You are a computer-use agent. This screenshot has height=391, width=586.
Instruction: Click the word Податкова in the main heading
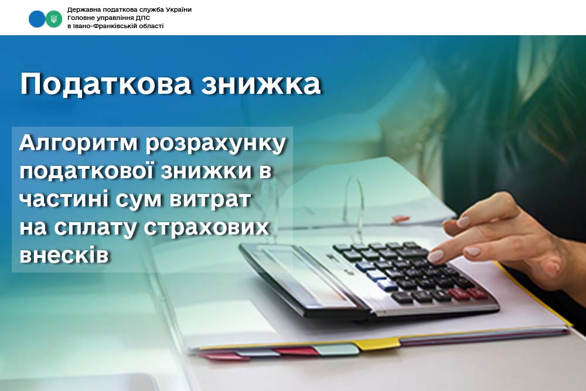(105, 84)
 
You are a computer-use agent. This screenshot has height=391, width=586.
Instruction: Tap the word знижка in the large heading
(261, 84)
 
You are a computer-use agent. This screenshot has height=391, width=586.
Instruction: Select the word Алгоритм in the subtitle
(79, 144)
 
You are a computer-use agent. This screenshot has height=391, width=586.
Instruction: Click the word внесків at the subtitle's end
(64, 256)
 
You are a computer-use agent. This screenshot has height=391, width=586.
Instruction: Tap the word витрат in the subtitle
(210, 200)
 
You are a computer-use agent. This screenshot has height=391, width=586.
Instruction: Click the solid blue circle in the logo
(36, 19)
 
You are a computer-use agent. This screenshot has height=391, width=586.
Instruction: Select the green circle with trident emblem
(54, 19)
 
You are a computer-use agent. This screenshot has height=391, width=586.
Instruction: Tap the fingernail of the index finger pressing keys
(435, 256)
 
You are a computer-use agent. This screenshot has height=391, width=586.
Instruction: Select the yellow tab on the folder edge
(377, 343)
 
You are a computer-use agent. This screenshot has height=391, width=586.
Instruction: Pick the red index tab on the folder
(295, 351)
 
